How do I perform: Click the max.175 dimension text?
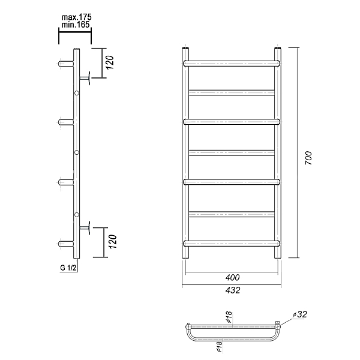76,17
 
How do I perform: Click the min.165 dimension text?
76,25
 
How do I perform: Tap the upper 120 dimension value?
110,62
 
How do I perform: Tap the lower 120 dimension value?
112,241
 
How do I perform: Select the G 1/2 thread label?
68,268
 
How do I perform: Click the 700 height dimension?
308,158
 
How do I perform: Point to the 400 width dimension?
232,278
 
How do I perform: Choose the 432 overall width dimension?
233,290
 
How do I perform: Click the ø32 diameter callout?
300,314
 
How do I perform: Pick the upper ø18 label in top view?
229,317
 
